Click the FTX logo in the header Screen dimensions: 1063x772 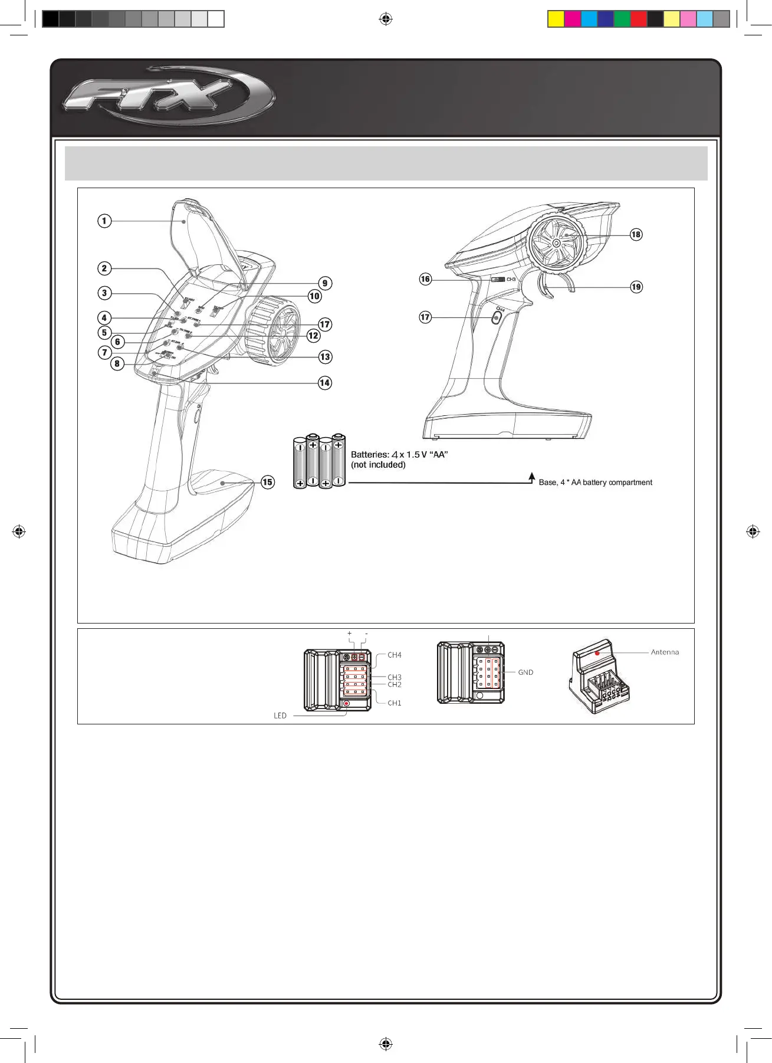point(168,96)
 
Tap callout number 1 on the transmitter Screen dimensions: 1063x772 point(104,221)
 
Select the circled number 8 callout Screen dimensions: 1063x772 point(117,363)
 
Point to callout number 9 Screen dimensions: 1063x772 point(324,283)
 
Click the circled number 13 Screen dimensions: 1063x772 point(325,357)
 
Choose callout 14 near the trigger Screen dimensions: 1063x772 point(324,383)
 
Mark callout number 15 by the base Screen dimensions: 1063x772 point(267,482)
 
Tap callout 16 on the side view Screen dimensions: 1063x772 point(425,279)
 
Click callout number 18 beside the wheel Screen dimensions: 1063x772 point(636,235)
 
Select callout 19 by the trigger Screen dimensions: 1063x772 point(636,287)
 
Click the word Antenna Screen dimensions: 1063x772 point(665,652)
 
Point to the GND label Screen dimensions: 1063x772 point(525,672)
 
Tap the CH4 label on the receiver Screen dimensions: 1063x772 point(395,655)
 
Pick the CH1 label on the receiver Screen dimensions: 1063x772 point(395,703)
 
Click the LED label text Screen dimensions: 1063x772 point(280,716)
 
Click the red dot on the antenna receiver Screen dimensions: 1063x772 point(597,653)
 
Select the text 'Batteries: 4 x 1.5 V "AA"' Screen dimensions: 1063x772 point(399,455)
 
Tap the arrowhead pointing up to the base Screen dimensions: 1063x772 point(532,475)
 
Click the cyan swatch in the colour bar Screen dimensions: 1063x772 point(589,19)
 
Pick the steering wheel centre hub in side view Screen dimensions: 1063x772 point(556,242)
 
